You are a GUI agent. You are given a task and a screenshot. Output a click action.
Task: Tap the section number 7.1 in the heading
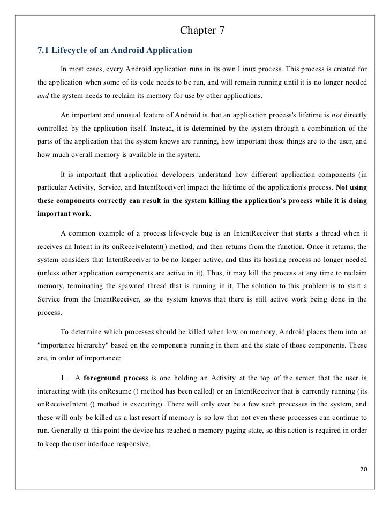tap(43, 51)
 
